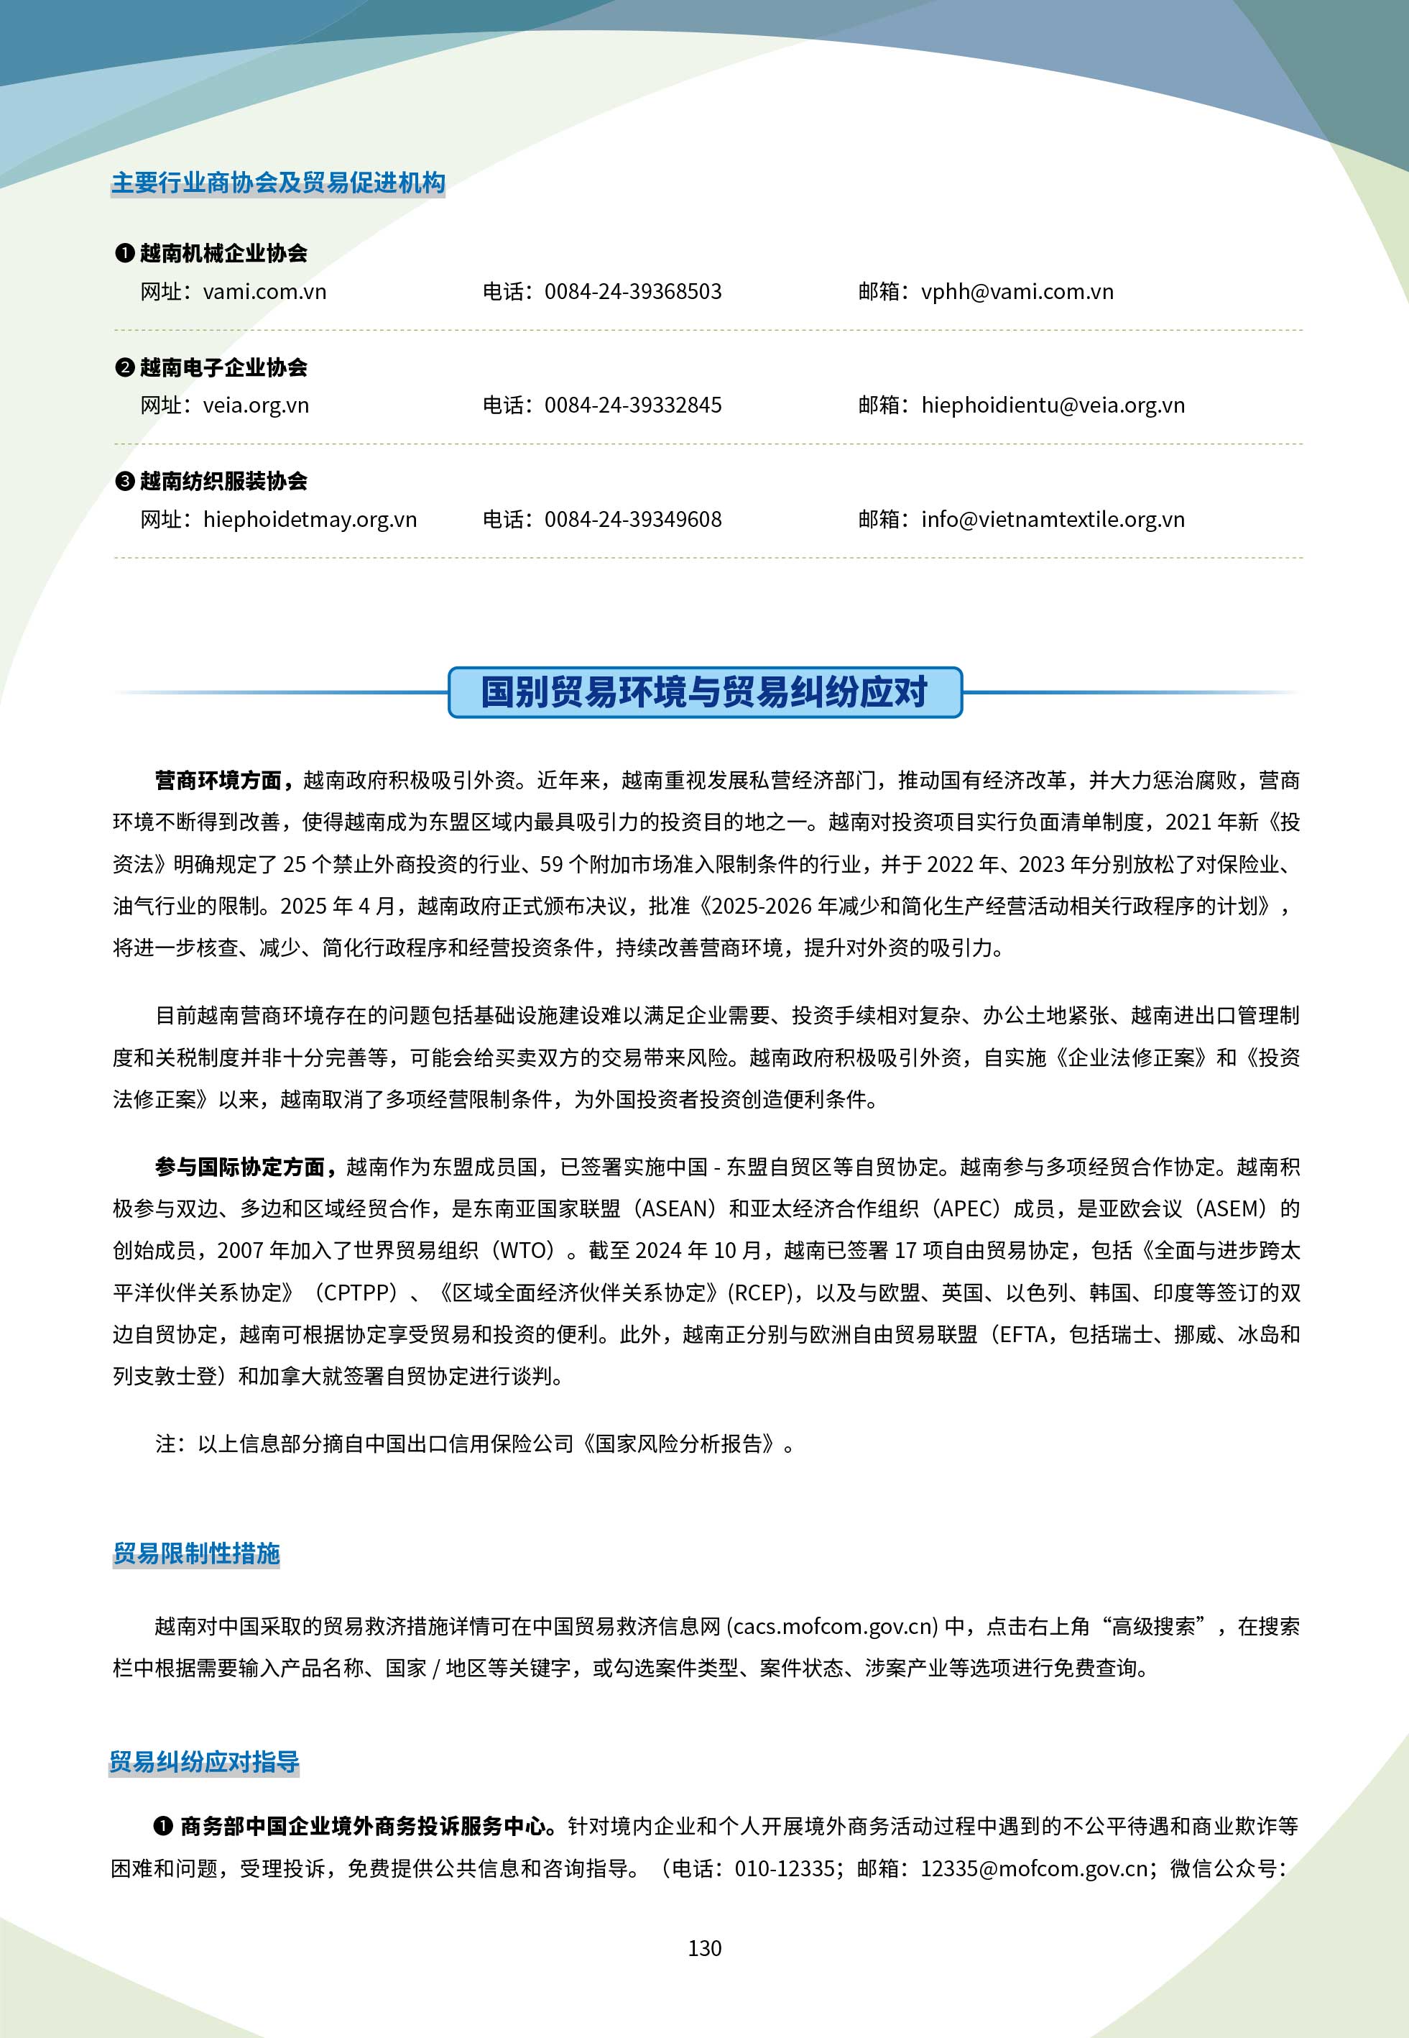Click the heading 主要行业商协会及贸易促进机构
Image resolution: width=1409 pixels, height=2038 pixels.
tap(278, 183)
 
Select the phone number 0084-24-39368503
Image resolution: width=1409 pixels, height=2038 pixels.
tap(632, 291)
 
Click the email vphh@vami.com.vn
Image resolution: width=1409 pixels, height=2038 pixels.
tap(1017, 291)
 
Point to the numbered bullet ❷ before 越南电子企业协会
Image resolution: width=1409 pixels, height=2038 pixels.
tap(124, 367)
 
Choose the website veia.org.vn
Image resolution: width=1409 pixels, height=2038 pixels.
tap(255, 405)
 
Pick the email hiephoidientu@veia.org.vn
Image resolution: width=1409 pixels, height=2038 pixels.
tap(1053, 405)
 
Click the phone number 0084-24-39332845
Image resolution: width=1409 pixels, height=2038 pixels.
tap(632, 405)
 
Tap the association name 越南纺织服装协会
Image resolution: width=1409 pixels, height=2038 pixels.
tap(223, 481)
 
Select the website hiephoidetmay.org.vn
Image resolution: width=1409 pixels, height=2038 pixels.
tap(309, 519)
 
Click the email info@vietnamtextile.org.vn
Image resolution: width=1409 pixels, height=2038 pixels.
tap(1053, 519)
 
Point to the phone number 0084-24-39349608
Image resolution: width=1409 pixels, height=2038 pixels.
tap(632, 519)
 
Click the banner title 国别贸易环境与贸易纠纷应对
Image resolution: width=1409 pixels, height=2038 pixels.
tap(704, 692)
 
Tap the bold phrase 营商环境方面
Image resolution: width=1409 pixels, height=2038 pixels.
tap(218, 781)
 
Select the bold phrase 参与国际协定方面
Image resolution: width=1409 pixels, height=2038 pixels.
tap(240, 1167)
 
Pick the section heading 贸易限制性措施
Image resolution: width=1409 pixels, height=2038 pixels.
tap(196, 1554)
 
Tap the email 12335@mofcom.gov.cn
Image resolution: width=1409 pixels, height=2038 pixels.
tap(1034, 1868)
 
